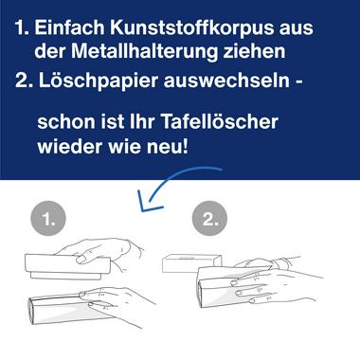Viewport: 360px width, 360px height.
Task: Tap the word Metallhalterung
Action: pyautogui.click(x=145, y=51)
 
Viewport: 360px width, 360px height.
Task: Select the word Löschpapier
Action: pyautogui.click(x=99, y=81)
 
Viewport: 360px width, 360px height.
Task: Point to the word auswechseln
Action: pyautogui.click(x=226, y=81)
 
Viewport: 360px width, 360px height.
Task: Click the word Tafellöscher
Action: pyautogui.click(x=220, y=121)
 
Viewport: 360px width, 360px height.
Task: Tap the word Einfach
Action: pyautogui.click(x=69, y=27)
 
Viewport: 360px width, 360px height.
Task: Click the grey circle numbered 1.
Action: pyautogui.click(x=48, y=219)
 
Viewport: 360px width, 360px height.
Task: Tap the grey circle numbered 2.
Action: pyautogui.click(x=209, y=218)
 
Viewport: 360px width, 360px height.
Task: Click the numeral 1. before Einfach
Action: pyautogui.click(x=22, y=27)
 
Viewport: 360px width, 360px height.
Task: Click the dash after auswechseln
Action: pyautogui.click(x=298, y=81)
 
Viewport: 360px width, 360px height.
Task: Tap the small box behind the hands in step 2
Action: pyautogui.click(x=189, y=264)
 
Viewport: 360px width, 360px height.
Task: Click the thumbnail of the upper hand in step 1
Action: pyautogui.click(x=81, y=260)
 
